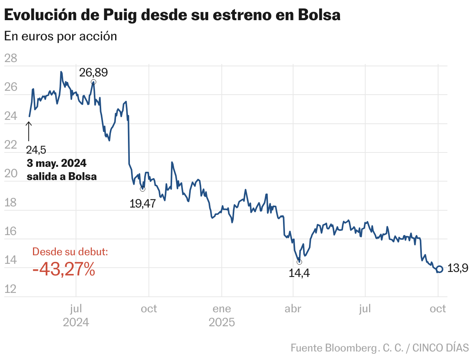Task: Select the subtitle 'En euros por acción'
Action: pyautogui.click(x=60, y=36)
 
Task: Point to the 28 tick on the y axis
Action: pyautogui.click(x=10, y=59)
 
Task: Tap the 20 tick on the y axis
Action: pyautogui.click(x=10, y=174)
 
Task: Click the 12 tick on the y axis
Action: pyautogui.click(x=10, y=289)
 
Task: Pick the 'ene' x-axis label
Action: pyautogui.click(x=221, y=309)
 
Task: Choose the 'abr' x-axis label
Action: pyautogui.click(x=293, y=309)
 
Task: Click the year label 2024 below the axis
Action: pyautogui.click(x=76, y=322)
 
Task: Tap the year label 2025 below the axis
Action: pyautogui.click(x=221, y=322)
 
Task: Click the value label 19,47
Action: pyautogui.click(x=142, y=204)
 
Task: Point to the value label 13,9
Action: pyautogui.click(x=458, y=268)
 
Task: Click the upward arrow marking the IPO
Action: pyautogui.click(x=29, y=131)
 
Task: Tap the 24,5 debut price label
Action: pyautogui.click(x=36, y=150)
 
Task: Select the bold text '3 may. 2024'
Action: pyautogui.click(x=57, y=163)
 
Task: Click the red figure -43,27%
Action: pyautogui.click(x=64, y=269)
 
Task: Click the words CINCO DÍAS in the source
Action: pyautogui.click(x=440, y=347)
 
